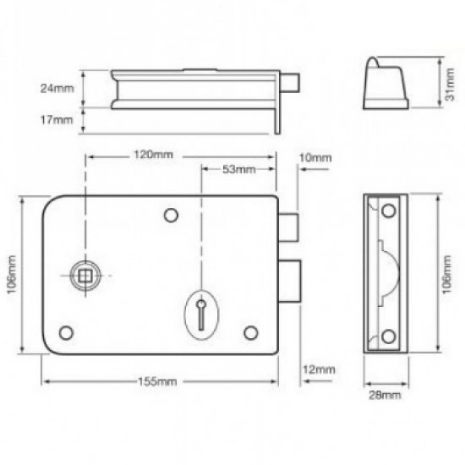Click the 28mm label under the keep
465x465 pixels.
(x=385, y=395)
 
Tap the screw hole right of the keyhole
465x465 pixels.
(x=250, y=331)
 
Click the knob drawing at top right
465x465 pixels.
(x=387, y=81)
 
